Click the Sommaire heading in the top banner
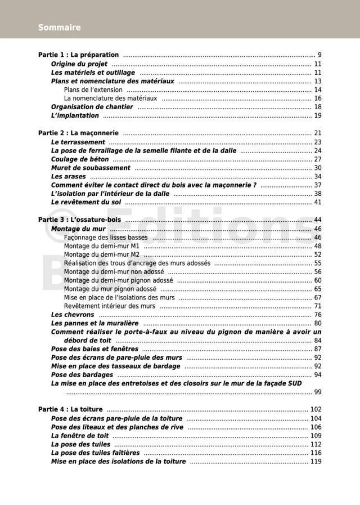59,27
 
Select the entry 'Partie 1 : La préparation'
78,55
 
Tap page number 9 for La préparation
319,55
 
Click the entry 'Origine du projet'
79,64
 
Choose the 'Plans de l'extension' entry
93,90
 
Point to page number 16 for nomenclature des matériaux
317,99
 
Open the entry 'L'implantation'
75,115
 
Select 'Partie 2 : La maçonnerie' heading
78,133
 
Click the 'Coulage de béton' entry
80,159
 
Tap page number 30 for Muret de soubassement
317,168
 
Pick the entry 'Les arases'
68,177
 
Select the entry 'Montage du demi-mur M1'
102,246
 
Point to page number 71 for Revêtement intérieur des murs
317,306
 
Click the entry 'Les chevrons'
73,315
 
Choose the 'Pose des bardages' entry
82,374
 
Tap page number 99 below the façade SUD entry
317,392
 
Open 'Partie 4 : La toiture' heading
70,409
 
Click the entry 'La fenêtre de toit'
79,435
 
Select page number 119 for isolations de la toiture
315,462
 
